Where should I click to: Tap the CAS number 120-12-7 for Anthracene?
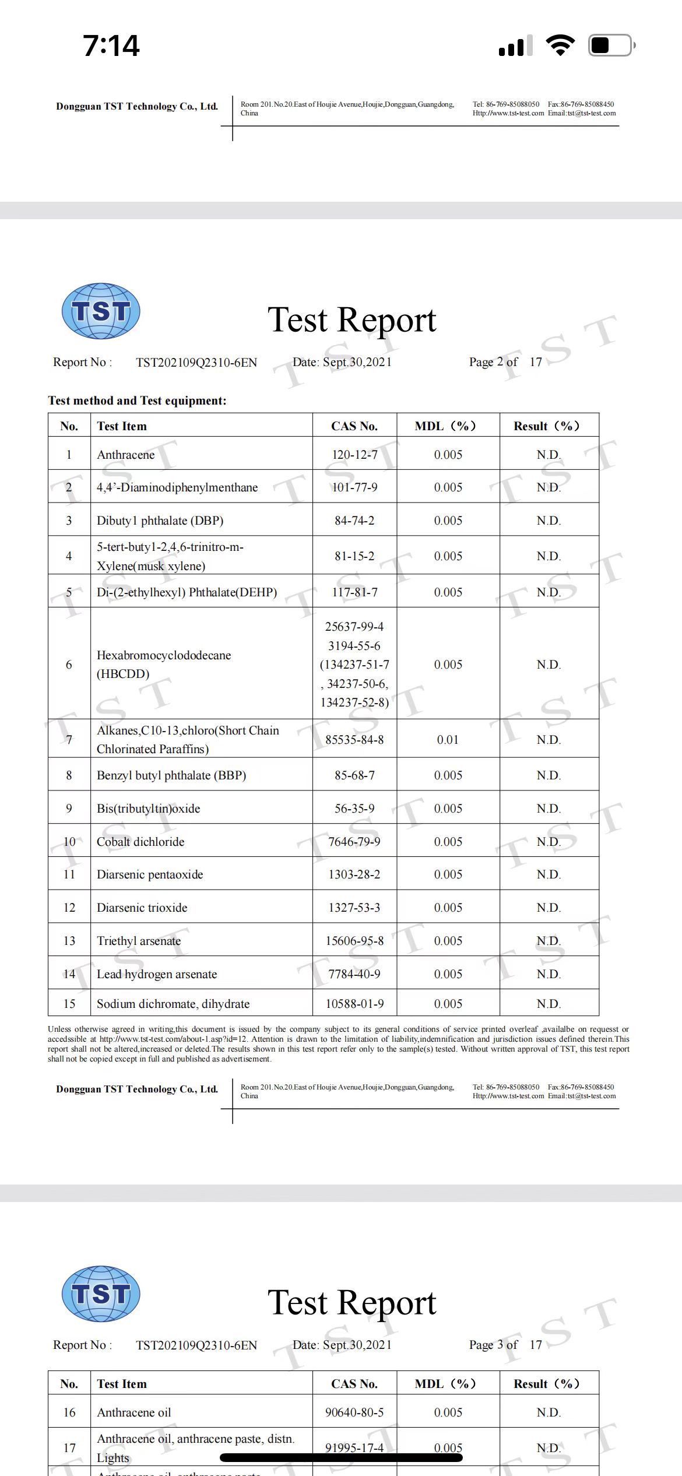[x=354, y=455]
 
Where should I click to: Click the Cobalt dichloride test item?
[x=140, y=841]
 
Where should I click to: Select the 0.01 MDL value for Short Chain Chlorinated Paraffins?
[x=448, y=739]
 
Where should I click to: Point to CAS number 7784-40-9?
[x=354, y=974]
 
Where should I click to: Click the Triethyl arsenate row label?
[x=139, y=940]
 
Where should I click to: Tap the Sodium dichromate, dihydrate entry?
[x=173, y=1003]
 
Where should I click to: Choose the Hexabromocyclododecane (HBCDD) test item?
[x=164, y=664]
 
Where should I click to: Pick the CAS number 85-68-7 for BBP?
[x=354, y=775]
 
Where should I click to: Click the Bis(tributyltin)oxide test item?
[x=148, y=808]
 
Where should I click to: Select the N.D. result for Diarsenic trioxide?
[x=549, y=907]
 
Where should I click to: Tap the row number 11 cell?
[x=69, y=874]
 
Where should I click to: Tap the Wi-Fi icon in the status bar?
[x=560, y=45]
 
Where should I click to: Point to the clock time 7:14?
[x=111, y=45]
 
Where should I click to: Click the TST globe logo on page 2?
[x=101, y=311]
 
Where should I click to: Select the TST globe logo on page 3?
[x=101, y=1294]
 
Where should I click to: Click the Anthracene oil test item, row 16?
[x=134, y=1412]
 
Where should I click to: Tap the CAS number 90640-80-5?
[x=354, y=1412]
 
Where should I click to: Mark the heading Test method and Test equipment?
[x=137, y=400]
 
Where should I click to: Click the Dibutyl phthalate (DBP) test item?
[x=160, y=520]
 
